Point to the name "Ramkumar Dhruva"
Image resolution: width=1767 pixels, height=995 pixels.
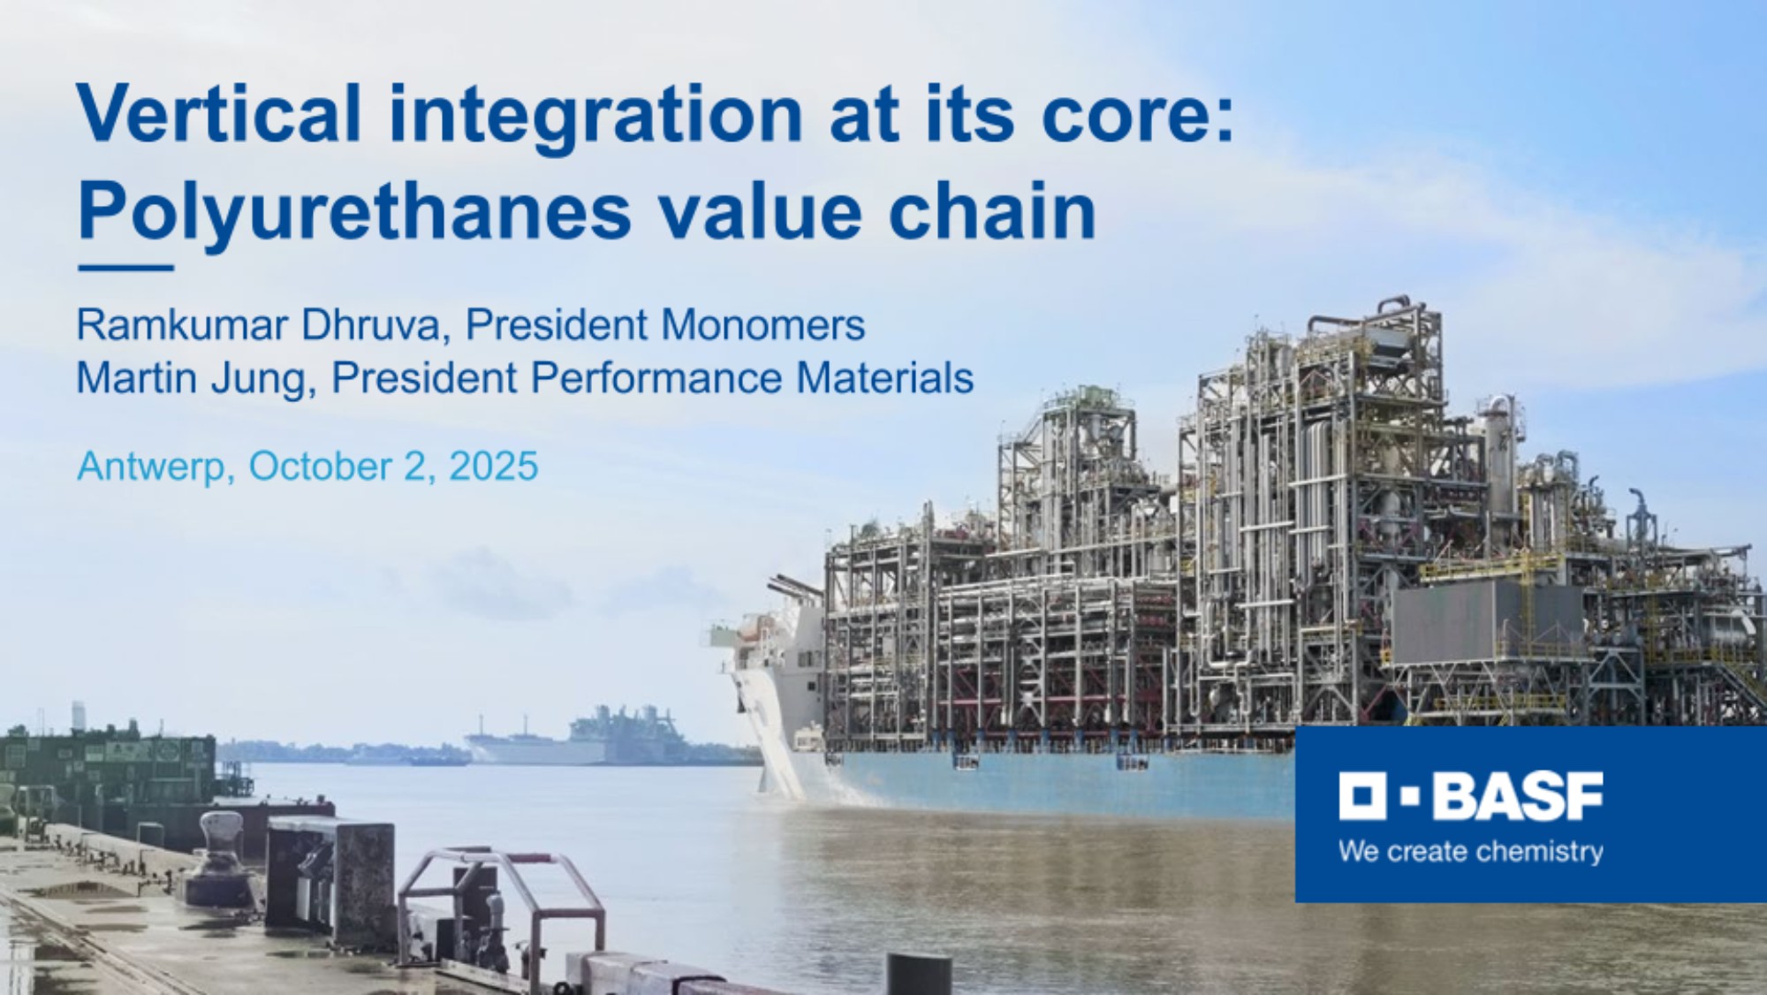point(258,325)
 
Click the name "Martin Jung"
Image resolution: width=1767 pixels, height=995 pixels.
point(192,379)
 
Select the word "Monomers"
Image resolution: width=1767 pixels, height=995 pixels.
point(762,325)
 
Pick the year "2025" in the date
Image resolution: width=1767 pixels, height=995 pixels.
point(493,466)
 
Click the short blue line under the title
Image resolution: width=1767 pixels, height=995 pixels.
point(125,268)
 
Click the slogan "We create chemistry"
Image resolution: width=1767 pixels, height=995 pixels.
point(1471,852)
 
